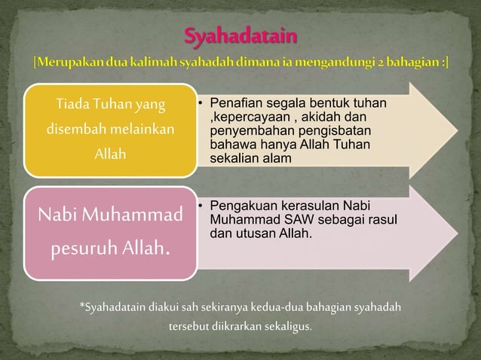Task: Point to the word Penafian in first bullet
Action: coord(236,102)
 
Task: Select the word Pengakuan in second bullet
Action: coord(240,206)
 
